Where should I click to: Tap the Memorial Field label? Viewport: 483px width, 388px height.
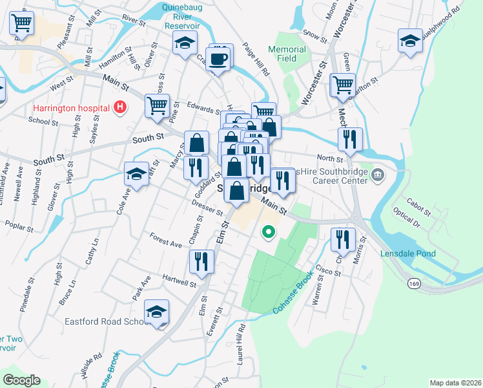287,54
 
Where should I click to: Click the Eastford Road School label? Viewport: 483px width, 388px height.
107,321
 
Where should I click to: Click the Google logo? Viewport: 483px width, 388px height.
21,380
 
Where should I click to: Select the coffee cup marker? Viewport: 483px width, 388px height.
219,59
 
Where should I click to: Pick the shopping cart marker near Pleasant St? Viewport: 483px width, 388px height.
21,23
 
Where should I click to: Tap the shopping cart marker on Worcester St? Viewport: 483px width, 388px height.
342,84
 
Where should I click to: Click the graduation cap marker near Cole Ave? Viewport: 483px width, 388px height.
137,173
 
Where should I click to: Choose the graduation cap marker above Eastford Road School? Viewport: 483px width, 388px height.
156,311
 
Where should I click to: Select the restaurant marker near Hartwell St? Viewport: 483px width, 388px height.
201,261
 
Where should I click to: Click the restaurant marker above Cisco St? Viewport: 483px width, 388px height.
343,239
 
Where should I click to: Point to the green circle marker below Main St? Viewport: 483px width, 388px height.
267,231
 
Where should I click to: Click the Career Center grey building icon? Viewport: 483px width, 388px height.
378,175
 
